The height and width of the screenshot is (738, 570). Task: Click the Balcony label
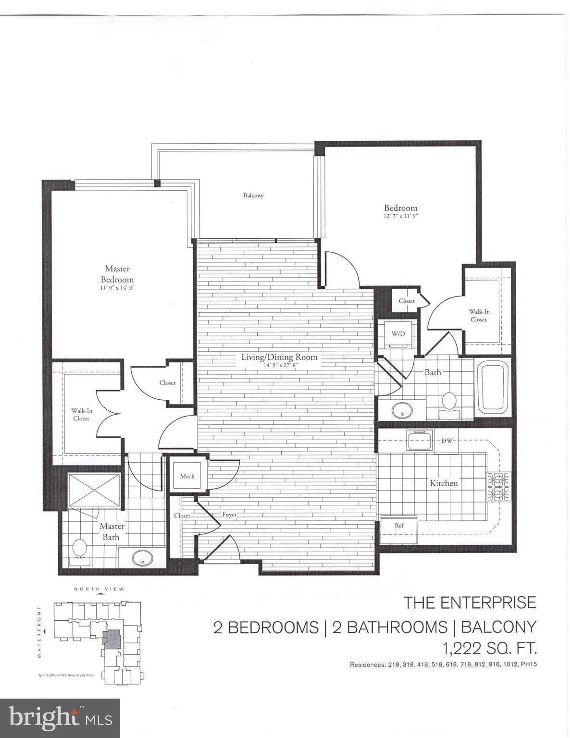253,196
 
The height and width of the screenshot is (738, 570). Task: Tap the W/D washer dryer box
398,333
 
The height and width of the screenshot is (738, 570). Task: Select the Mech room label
187,476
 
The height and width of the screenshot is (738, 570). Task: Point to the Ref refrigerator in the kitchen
399,526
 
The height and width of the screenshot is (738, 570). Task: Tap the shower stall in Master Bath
94,490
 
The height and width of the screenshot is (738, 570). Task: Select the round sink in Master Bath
142,558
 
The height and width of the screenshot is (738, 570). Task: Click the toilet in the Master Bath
79,550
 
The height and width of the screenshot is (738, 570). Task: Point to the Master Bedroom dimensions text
117,288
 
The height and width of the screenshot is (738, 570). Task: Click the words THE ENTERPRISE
470,603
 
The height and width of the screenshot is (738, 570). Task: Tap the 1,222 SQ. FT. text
489,649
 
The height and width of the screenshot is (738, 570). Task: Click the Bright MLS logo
60,718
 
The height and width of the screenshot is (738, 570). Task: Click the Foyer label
229,515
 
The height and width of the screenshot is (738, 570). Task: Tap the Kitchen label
443,483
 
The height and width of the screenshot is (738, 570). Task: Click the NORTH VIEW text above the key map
99,589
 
